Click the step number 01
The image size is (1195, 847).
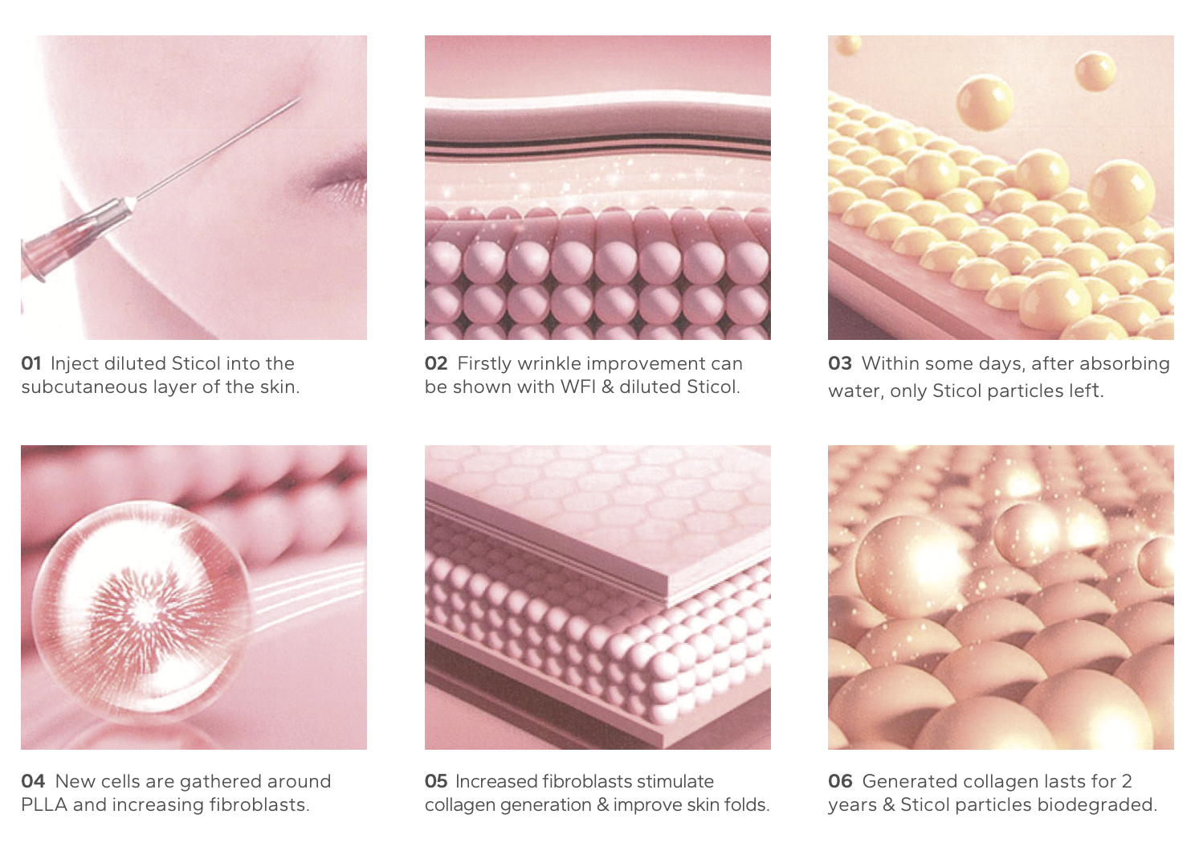pyautogui.click(x=31, y=363)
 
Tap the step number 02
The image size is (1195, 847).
pyautogui.click(x=436, y=363)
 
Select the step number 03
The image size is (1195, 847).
pyautogui.click(x=840, y=363)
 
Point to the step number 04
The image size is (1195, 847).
pyautogui.click(x=33, y=781)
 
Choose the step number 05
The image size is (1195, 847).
pyautogui.click(x=436, y=781)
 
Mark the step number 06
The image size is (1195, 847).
pyautogui.click(x=840, y=781)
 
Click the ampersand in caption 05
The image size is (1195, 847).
pyautogui.click(x=602, y=805)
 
